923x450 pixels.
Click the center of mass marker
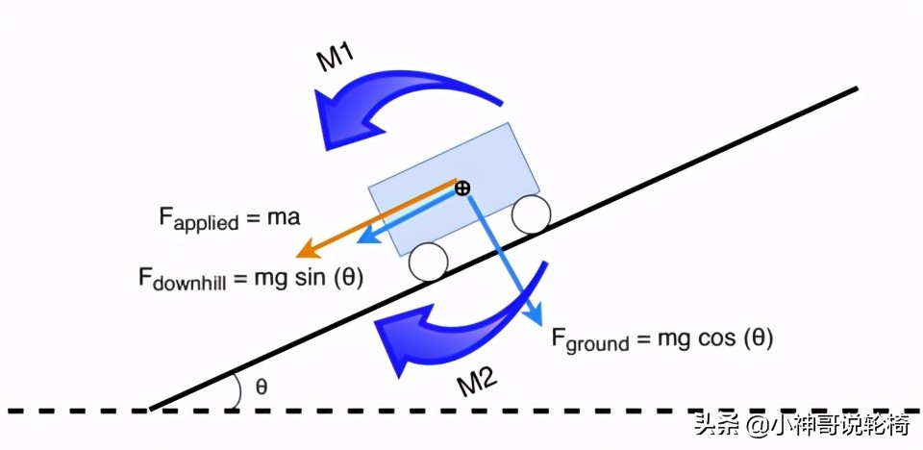tap(462, 187)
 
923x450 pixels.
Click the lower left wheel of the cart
tap(428, 261)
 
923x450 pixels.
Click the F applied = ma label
tap(230, 218)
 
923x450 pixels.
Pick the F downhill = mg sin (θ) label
tap(256, 280)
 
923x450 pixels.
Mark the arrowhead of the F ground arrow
tap(536, 318)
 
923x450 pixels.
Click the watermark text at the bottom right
tap(804, 426)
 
